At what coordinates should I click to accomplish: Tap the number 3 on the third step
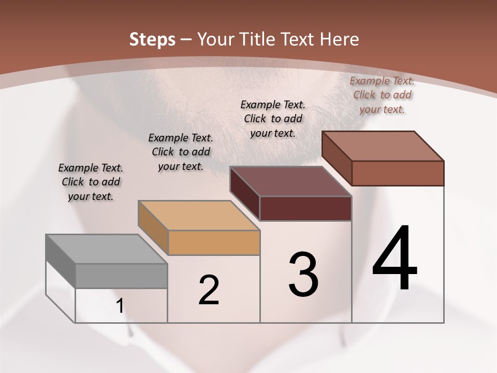(x=303, y=275)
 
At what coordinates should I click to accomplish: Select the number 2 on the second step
(x=209, y=290)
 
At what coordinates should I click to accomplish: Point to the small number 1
(x=120, y=306)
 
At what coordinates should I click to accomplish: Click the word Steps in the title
(x=152, y=39)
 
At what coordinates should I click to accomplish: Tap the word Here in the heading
(x=340, y=39)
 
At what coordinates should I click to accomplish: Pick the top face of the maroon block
(x=290, y=181)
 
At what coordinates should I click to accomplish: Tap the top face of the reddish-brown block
(x=383, y=146)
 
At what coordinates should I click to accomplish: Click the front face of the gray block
(x=122, y=276)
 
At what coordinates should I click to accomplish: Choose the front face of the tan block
(x=214, y=242)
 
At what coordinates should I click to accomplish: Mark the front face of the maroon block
(x=306, y=208)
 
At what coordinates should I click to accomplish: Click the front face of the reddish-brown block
(x=398, y=173)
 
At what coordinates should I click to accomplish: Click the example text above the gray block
(x=91, y=182)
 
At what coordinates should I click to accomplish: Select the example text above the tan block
(x=181, y=152)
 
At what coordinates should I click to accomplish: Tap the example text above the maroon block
(x=273, y=119)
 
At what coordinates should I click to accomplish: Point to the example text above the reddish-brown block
(x=382, y=95)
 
